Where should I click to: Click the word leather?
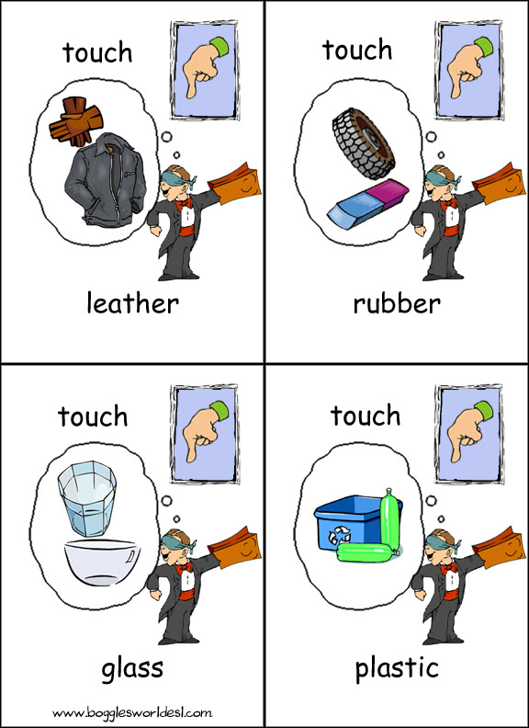pyautogui.click(x=133, y=304)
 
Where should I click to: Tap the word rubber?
pyautogui.click(x=397, y=304)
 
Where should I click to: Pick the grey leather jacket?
pyautogui.click(x=105, y=179)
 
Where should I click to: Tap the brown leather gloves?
pyautogui.click(x=76, y=121)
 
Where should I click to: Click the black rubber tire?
pyautogui.click(x=364, y=143)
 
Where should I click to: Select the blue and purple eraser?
pyautogui.click(x=367, y=204)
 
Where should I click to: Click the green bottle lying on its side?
pyautogui.click(x=366, y=553)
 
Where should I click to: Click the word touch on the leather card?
pyautogui.click(x=97, y=52)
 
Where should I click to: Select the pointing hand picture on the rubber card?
pyautogui.click(x=468, y=70)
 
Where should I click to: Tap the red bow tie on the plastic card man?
pyautogui.click(x=449, y=567)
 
